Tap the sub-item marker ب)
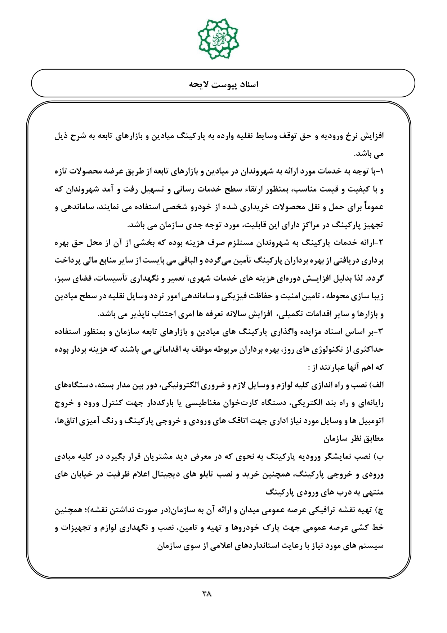point(380,457)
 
